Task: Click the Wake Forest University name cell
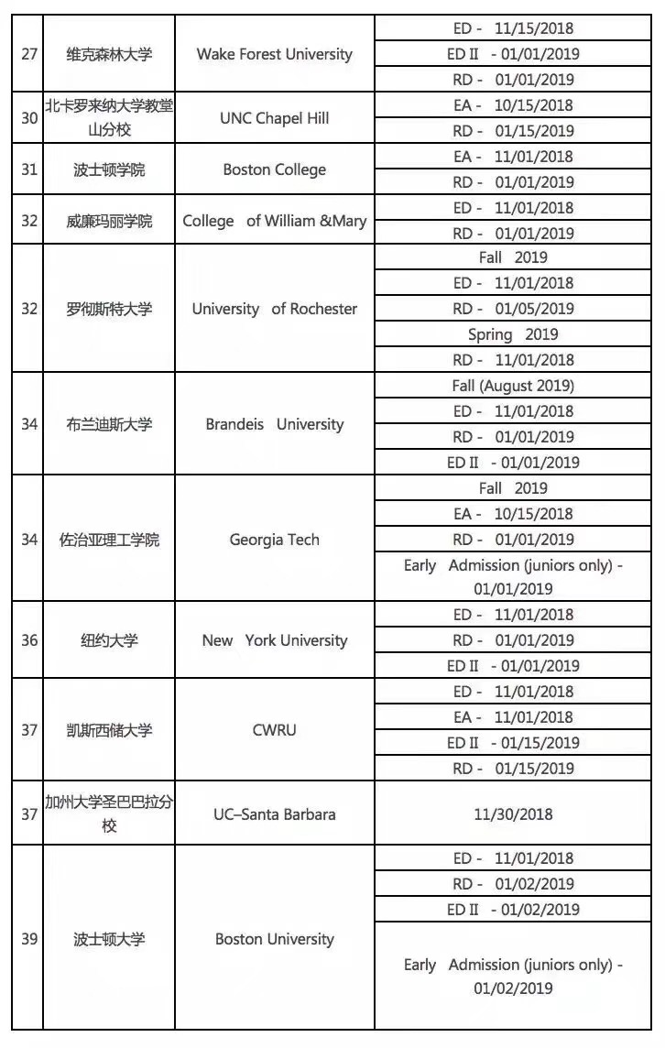point(274,54)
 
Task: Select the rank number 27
point(29,54)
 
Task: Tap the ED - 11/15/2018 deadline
point(512,28)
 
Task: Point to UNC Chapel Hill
point(274,118)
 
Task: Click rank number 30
point(29,118)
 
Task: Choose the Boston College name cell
point(274,169)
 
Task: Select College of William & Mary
point(274,221)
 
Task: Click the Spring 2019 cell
point(512,334)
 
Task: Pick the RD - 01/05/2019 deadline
point(512,309)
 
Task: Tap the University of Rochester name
point(274,309)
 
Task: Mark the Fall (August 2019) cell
point(512,386)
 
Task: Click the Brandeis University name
point(274,424)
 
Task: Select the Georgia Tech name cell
point(274,540)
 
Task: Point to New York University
point(274,640)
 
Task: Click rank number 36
point(29,640)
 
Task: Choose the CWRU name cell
point(274,730)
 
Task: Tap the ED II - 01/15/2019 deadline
point(512,743)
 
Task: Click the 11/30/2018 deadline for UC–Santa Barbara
point(512,814)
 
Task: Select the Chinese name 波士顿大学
point(109,939)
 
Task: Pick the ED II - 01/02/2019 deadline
point(512,910)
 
